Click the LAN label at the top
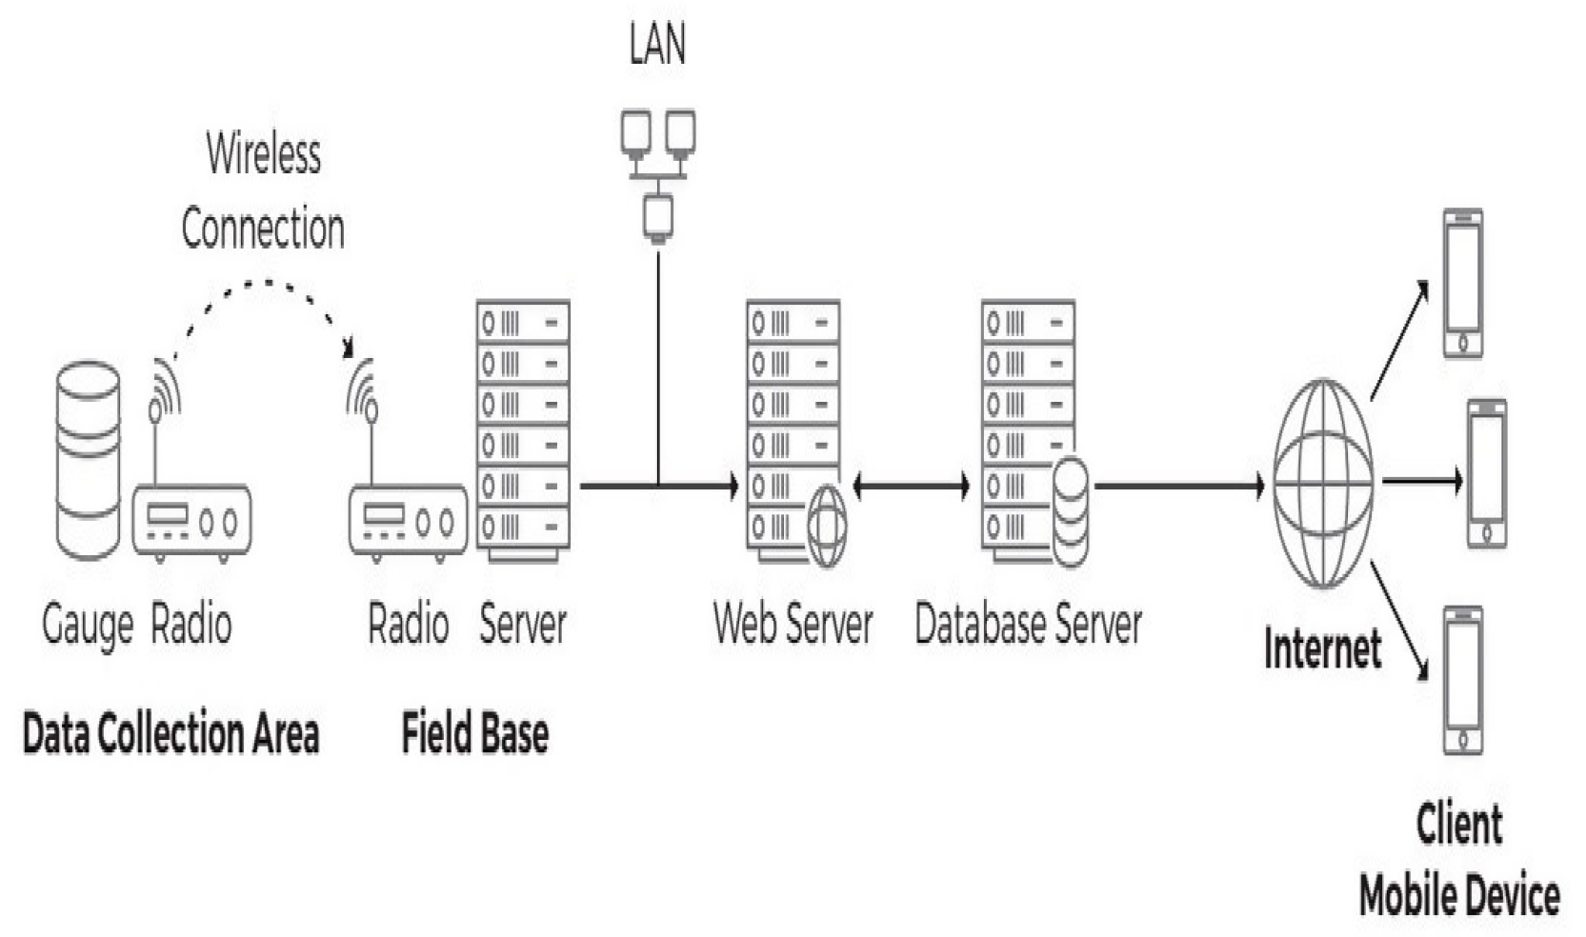656,44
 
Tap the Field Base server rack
522,429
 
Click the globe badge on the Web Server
827,527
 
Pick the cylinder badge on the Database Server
1070,512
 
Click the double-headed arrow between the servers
911,487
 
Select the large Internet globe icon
1322,483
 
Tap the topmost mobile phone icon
1462,284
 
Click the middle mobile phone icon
1486,473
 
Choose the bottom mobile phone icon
1462,680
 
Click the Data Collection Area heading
171,734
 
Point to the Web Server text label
793,625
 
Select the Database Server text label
1028,625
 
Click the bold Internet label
1322,649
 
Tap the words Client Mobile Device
1458,860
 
